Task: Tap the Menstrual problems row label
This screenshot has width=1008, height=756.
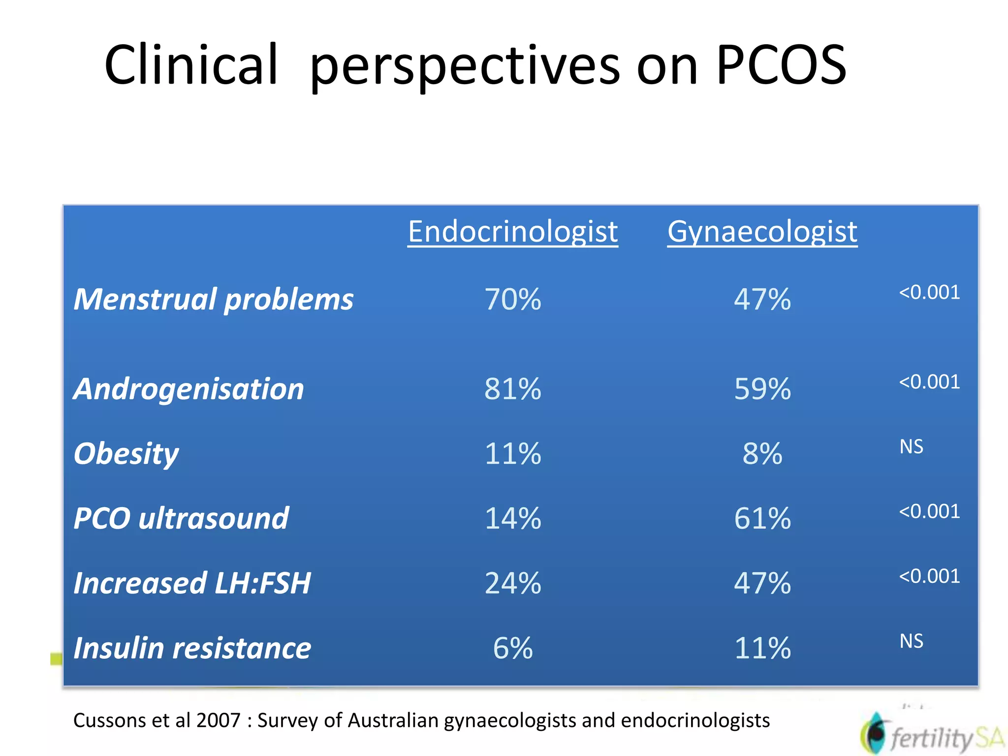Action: pos(213,299)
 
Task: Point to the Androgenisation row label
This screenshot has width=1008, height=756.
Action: pos(189,389)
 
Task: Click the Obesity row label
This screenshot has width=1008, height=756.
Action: pos(126,453)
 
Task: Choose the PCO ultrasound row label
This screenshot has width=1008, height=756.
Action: pos(181,518)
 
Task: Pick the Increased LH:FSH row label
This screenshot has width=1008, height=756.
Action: pos(192,583)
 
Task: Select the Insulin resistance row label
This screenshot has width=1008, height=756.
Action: pos(192,648)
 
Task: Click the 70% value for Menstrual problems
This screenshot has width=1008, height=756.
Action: pos(512,299)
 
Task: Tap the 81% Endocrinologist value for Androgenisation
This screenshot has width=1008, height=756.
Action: pos(512,389)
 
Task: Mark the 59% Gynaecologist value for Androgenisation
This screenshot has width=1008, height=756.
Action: pos(762,389)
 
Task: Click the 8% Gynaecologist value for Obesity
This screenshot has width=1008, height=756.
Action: pos(762,453)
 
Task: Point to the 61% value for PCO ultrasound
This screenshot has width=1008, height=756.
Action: pos(762,518)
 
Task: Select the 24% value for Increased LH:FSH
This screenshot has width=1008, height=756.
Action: pos(512,583)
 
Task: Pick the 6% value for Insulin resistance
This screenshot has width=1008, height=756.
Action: pos(512,648)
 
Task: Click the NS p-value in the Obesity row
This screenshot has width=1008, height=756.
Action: pos(911,446)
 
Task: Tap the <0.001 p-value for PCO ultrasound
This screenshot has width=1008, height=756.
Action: pos(929,511)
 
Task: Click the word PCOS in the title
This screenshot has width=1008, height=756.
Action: pos(781,65)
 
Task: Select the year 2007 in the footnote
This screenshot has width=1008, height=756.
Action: pos(218,721)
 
